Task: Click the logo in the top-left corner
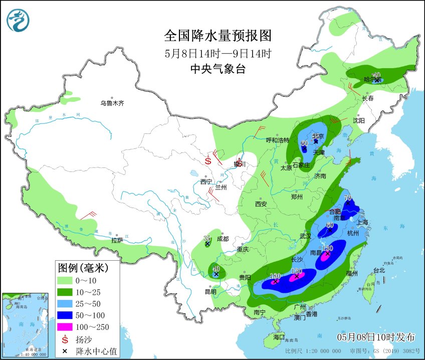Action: point(18,20)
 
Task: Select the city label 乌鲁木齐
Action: point(111,103)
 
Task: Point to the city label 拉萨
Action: point(117,240)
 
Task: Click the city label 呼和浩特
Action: point(277,140)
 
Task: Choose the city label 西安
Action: point(261,204)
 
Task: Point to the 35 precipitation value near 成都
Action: point(207,238)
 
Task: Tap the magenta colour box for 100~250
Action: point(65,327)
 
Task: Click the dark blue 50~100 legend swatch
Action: point(65,315)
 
